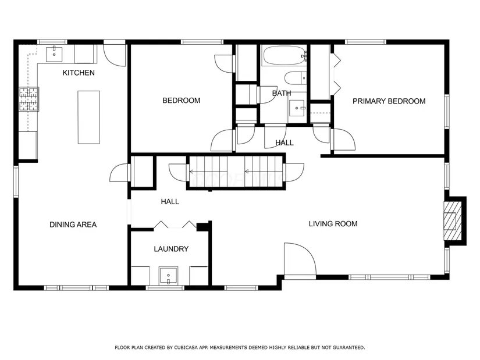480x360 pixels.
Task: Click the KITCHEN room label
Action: (79, 73)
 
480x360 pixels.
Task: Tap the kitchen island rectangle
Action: (89, 117)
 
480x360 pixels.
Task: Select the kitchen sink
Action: (54, 54)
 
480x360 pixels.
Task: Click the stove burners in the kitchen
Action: (29, 99)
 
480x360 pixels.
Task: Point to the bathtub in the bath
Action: (284, 55)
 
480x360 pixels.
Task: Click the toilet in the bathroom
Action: (296, 78)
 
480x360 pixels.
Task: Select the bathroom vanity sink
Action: (297, 108)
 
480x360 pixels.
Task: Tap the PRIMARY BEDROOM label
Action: (389, 101)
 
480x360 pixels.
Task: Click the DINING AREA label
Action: (73, 224)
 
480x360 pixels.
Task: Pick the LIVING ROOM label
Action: (333, 224)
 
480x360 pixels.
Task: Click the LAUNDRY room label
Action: (171, 249)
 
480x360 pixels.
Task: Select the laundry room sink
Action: (168, 276)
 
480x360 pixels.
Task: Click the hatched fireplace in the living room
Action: (453, 221)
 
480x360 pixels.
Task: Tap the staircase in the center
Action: (236, 172)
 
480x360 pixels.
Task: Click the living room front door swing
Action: (300, 261)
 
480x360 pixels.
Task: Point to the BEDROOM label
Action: (181, 101)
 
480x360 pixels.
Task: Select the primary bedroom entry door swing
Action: (344, 140)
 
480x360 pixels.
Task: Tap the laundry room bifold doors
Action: (175, 224)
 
